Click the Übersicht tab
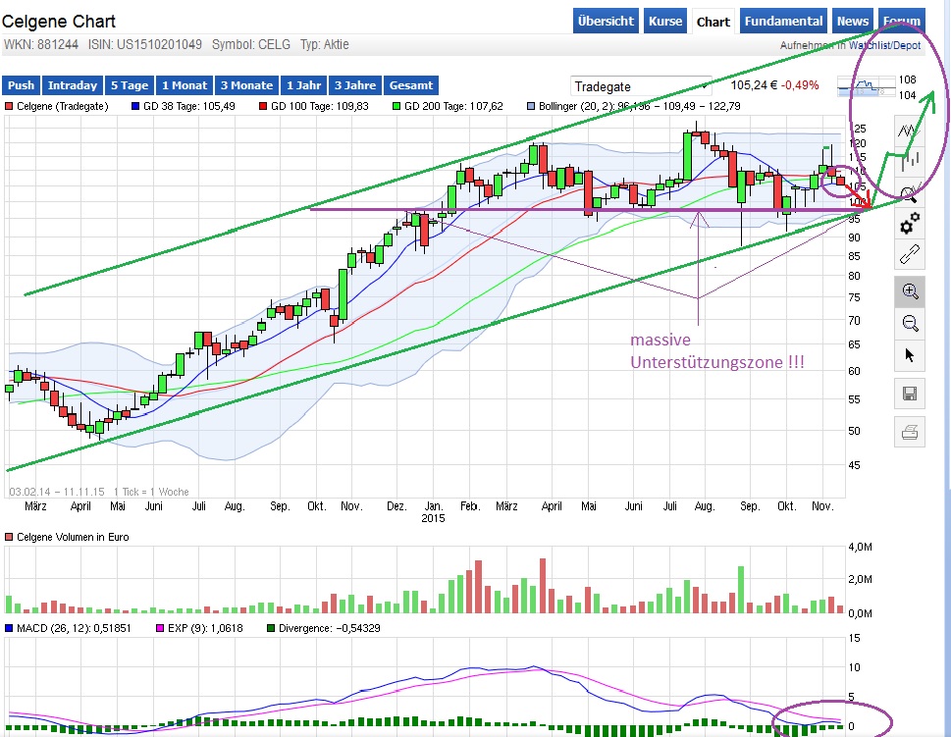coord(607,21)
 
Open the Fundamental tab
coord(782,21)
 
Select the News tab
coord(852,21)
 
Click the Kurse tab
coord(665,21)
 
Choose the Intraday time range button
coord(73,85)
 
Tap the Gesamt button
coord(410,85)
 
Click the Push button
coord(22,85)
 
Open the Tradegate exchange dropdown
coord(641,86)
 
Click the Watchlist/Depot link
coord(884,45)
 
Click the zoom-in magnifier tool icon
coord(910,290)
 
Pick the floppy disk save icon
coord(910,395)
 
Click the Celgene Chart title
coord(59,21)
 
